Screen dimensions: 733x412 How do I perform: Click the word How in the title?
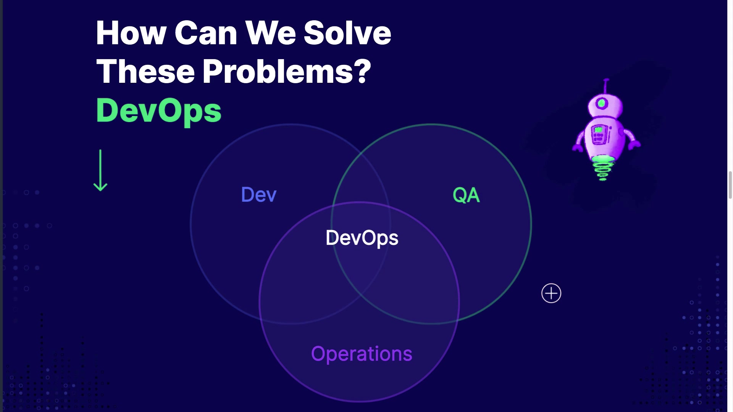coord(131,33)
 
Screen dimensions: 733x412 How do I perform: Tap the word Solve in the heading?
coord(347,33)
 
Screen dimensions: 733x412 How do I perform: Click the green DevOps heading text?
coord(159,111)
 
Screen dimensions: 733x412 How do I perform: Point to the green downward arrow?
coord(100,170)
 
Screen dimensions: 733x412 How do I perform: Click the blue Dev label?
coord(259,195)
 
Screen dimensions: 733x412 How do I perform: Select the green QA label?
coord(466,195)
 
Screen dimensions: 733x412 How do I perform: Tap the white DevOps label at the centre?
coord(362,238)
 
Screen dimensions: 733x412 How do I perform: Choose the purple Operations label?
coord(362,354)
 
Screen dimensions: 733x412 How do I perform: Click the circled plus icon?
coord(551,293)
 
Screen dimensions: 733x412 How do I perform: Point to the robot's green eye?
coord(602,103)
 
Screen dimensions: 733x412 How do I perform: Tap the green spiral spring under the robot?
coord(602,167)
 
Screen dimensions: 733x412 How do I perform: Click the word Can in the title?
coord(206,33)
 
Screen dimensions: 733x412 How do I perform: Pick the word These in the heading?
coord(145,72)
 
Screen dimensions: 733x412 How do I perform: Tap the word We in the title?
coord(271,33)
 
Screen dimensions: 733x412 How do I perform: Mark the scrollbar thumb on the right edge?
coord(730,185)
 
